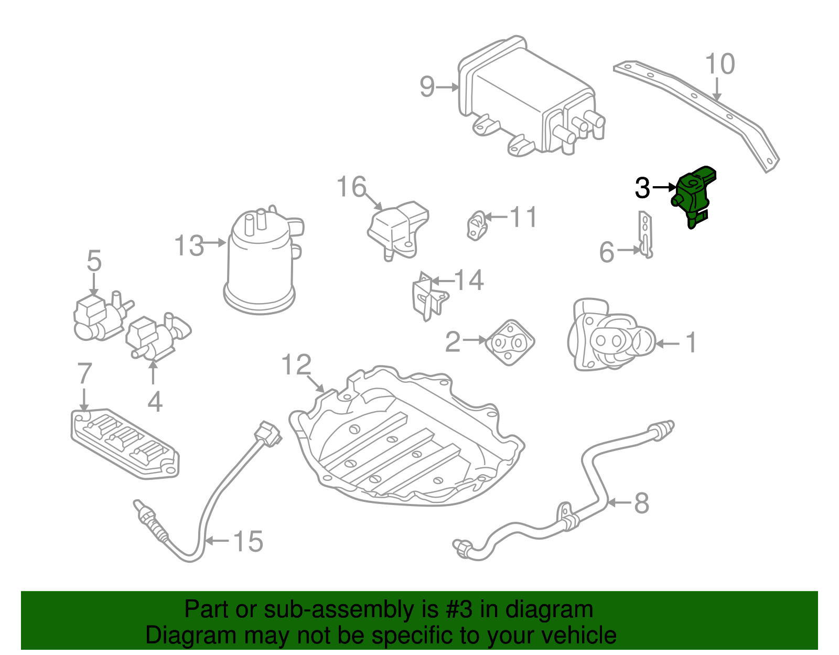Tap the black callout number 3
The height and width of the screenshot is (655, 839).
coord(642,188)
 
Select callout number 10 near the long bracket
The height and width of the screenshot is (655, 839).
coord(720,65)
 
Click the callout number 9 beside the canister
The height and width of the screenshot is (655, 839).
coord(427,87)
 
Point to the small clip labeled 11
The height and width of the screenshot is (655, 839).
coord(476,226)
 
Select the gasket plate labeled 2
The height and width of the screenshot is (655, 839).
coord(509,342)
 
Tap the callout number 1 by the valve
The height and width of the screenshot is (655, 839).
coord(692,342)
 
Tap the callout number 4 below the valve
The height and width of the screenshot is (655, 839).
coord(155,402)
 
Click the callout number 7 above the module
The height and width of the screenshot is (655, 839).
coord(84,374)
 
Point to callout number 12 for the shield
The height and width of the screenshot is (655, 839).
coord(296,365)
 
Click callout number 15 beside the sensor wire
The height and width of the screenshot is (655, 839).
coord(248,541)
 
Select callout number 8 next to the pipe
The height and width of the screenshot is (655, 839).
coord(642,503)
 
